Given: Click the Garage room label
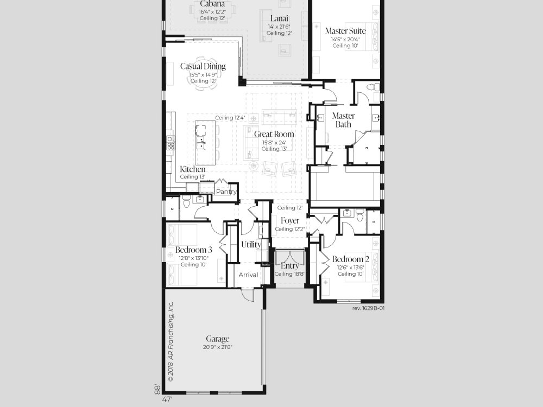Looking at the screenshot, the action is click(x=218, y=339).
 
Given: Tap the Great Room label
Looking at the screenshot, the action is click(x=274, y=134).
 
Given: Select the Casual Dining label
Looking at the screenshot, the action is click(x=203, y=66).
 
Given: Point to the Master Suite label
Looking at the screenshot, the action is click(x=345, y=31).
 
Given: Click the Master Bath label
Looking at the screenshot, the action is click(x=343, y=120).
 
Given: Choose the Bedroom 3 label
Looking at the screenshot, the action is click(x=194, y=250).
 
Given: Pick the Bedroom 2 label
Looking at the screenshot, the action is click(x=350, y=259).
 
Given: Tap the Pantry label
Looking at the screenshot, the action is click(x=226, y=192).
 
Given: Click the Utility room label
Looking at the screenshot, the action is click(x=251, y=244).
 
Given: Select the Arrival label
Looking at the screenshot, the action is click(x=248, y=275).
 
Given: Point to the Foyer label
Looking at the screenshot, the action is click(x=290, y=221).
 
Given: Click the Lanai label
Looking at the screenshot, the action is click(x=279, y=18).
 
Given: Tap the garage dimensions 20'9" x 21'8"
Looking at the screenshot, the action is click(x=218, y=347).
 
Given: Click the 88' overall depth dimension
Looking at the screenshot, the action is click(x=157, y=389).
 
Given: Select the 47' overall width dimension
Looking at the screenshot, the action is click(x=167, y=399).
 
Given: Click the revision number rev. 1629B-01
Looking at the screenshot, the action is click(x=368, y=308).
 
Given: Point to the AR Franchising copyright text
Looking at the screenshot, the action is click(x=171, y=341).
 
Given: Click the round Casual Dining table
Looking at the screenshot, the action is click(x=203, y=73).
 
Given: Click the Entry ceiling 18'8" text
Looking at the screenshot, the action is click(x=290, y=274).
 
